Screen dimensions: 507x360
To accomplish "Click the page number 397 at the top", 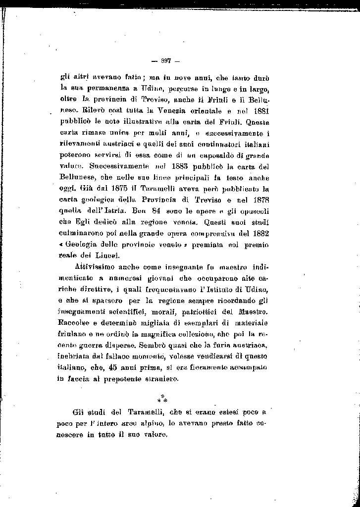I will click(166, 61).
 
